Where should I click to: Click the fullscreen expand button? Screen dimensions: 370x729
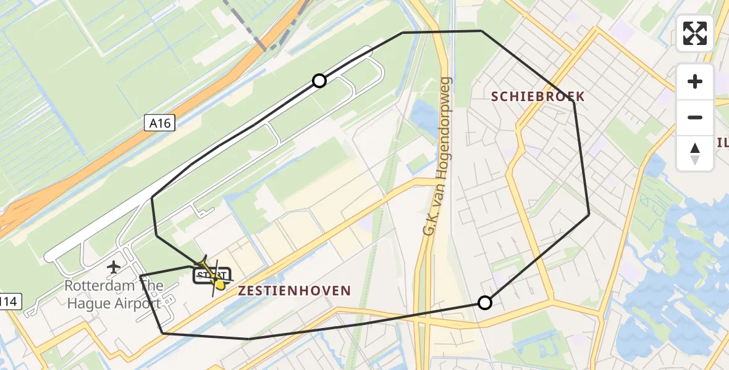tap(695, 33)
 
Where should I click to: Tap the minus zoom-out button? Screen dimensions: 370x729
tap(695, 117)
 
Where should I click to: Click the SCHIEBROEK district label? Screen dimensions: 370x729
tap(537, 96)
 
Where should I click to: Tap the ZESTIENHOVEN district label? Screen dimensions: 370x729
tap(294, 290)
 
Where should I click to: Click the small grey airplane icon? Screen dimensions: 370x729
tap(113, 267)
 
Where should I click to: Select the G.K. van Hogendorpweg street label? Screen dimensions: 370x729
tap(437, 156)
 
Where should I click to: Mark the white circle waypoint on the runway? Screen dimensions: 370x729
tap(319, 81)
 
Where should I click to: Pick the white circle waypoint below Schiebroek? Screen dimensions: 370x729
tap(485, 302)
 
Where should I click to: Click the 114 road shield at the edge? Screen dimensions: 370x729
tap(11, 302)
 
